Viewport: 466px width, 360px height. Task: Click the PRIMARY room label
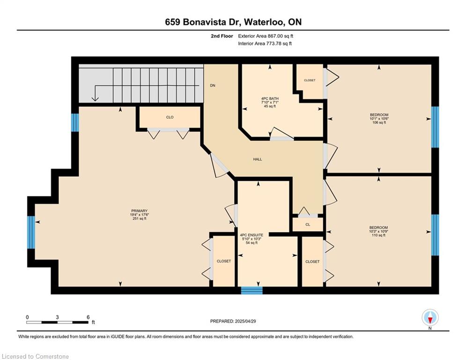coord(140,211)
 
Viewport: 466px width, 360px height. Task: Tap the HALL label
coord(258,159)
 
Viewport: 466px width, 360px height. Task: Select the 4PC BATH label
coord(270,98)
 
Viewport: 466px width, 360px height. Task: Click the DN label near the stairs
coord(213,85)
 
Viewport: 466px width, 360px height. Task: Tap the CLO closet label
coord(170,117)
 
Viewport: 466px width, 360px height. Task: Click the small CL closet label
coord(308,225)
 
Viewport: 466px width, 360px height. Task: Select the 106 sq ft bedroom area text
coord(379,122)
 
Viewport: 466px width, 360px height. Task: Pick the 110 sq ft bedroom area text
coord(378,235)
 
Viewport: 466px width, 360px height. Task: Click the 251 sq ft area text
coord(140,218)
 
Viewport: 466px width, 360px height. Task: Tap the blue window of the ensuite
coord(251,290)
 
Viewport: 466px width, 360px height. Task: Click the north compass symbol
coord(430,317)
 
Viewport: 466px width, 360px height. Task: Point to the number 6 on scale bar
coord(88,317)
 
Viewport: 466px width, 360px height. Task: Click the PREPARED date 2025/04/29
coord(245,321)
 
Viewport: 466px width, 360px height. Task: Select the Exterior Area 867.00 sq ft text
coord(266,36)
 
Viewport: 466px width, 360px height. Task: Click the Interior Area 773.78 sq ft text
coord(265,44)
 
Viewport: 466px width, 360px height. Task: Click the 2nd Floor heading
coord(222,36)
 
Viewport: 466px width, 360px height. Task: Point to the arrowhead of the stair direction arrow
coord(95,99)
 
